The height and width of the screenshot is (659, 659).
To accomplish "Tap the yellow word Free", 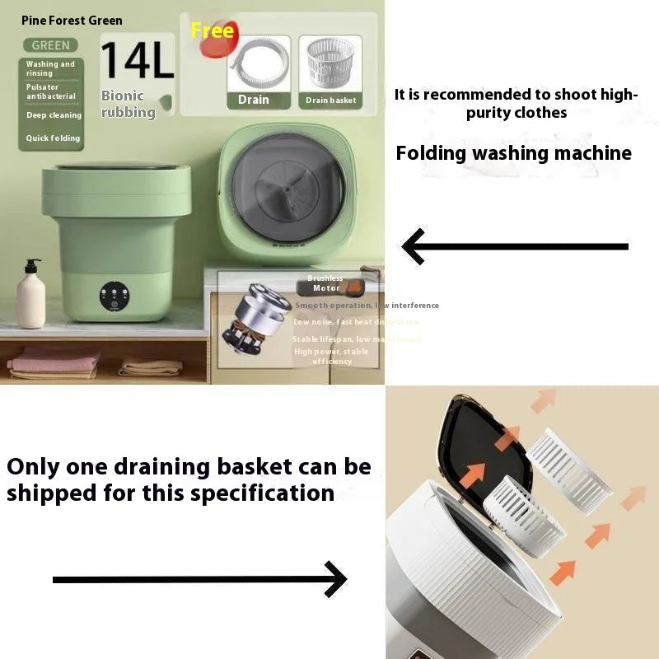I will pos(212,31).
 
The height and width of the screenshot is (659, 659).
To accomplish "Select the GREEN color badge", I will pos(50,45).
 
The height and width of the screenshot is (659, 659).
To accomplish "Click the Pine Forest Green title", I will pos(72,21).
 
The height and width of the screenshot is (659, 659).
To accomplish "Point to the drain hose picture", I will pos(258,66).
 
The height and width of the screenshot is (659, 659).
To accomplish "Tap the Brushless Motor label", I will pos(325,283).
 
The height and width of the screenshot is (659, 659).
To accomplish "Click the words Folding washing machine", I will pos(513,153).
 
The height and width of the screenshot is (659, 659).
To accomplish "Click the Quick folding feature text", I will pos(53,138).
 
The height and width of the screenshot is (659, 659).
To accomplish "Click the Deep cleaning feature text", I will pos(54,115).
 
